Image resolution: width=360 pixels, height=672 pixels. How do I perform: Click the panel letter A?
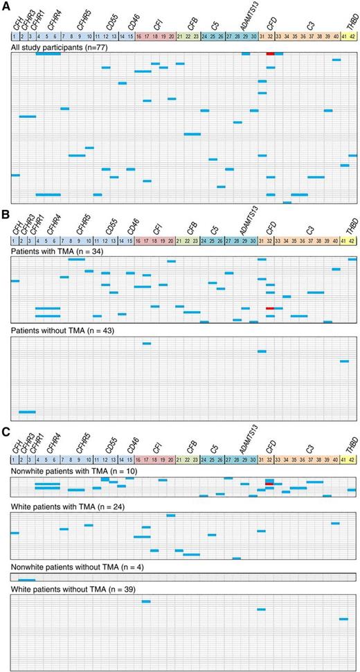coord(6,6)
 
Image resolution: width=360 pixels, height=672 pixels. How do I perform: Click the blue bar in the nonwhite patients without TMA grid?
coord(27,580)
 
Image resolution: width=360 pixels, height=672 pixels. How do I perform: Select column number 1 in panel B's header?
coord(15,239)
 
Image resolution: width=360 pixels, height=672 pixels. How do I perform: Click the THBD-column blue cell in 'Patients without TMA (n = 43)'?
coord(344,361)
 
